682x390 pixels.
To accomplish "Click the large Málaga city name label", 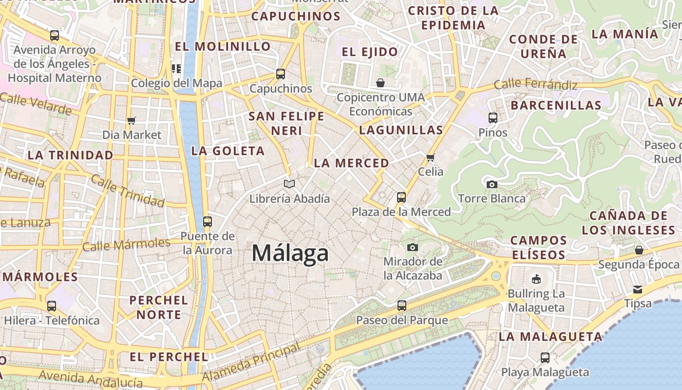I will click(290, 253).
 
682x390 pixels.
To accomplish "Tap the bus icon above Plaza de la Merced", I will click(401, 197).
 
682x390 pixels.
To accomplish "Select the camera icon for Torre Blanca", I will click(492, 184).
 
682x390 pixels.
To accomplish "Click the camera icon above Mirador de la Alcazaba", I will click(412, 247).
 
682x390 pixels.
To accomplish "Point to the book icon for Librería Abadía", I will click(289, 184).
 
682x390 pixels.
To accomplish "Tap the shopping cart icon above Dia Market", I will click(131, 120).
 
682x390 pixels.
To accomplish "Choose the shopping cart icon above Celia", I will click(430, 157).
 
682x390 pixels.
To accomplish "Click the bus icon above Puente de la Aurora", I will click(208, 221).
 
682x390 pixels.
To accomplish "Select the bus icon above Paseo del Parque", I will click(401, 306).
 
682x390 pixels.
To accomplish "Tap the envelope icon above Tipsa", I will click(637, 289).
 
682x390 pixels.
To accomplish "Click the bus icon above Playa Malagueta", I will click(545, 358).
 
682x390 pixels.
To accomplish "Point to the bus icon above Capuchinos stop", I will click(280, 74).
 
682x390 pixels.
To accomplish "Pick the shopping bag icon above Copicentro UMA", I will click(380, 83).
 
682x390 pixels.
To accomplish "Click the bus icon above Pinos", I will click(493, 117).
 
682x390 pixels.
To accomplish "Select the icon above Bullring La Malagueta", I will click(536, 279).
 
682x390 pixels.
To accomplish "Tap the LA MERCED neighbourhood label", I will click(351, 163).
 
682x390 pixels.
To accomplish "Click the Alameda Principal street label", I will click(251, 363).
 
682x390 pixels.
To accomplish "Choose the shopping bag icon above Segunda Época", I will click(639, 250).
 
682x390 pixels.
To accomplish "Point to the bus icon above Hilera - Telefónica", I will click(52, 306).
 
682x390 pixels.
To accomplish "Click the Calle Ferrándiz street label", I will click(535, 84).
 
